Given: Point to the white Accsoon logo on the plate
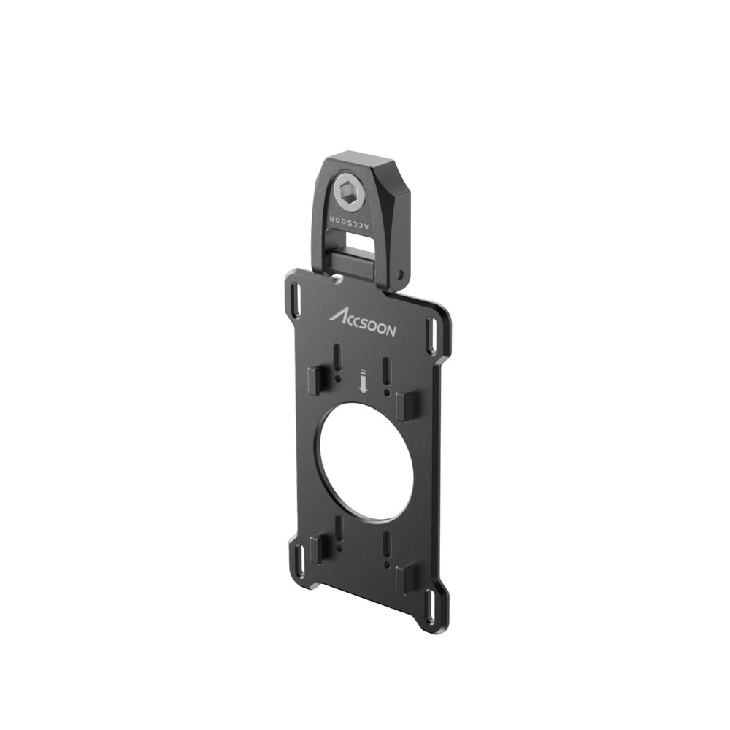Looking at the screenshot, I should point(363,323).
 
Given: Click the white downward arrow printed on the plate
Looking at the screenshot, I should point(363,382).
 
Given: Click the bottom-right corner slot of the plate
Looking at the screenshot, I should point(431,605).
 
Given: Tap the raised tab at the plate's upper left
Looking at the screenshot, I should point(315,380).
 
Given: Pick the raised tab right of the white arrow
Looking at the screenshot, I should point(408,406).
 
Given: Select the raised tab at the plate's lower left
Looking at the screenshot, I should point(316,549).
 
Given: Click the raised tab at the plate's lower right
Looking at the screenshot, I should point(407,578).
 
